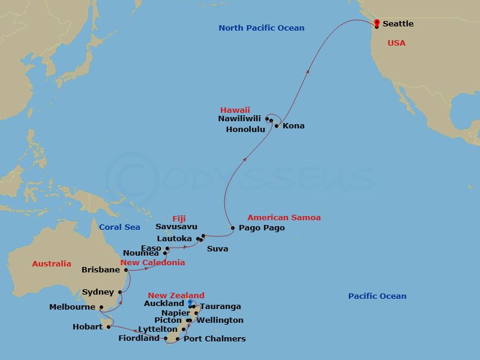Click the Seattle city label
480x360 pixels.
point(398,24)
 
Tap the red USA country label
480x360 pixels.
point(397,43)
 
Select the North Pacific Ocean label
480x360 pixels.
point(261,28)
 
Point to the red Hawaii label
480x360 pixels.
point(235,110)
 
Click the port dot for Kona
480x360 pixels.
point(277,126)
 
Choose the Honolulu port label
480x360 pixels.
point(245,130)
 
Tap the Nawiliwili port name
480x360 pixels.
point(240,119)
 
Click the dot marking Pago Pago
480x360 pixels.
point(233,228)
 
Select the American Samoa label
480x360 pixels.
point(284,218)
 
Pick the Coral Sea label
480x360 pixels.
point(119,227)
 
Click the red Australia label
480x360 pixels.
point(52,264)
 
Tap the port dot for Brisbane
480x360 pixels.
point(127,270)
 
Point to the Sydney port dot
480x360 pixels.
point(121,293)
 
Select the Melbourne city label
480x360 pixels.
point(73,307)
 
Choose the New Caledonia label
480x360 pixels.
point(152,263)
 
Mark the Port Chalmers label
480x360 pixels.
point(215,339)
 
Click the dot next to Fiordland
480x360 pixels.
point(166,338)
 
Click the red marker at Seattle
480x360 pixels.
point(376,23)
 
